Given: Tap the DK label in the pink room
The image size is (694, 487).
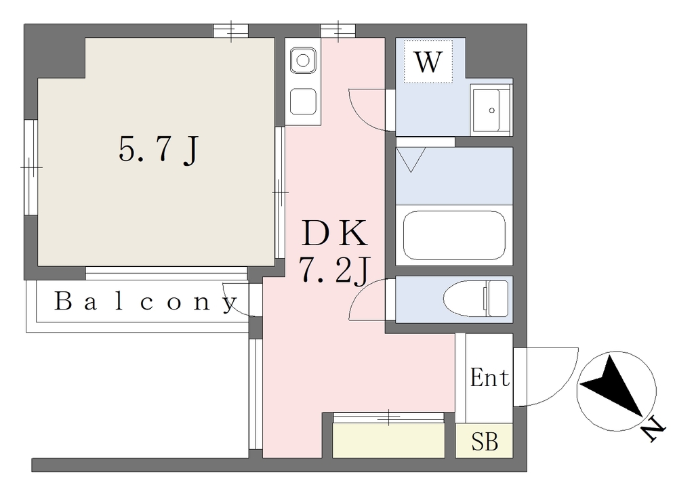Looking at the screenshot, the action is coord(335,233).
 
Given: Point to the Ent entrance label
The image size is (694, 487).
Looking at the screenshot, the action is coord(489,378).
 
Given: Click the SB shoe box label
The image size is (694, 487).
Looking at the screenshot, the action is coord(485,441).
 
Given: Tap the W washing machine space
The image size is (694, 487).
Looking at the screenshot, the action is coord(428,62).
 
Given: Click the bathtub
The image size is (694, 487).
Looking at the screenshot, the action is coord(454,235).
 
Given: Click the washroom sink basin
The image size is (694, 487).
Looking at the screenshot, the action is coord(491,109).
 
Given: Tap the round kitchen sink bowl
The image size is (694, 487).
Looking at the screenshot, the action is coord(303,60).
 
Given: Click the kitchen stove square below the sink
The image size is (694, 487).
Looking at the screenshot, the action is coord(303,102).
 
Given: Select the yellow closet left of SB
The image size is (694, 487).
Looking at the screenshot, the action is coord(388,440).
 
